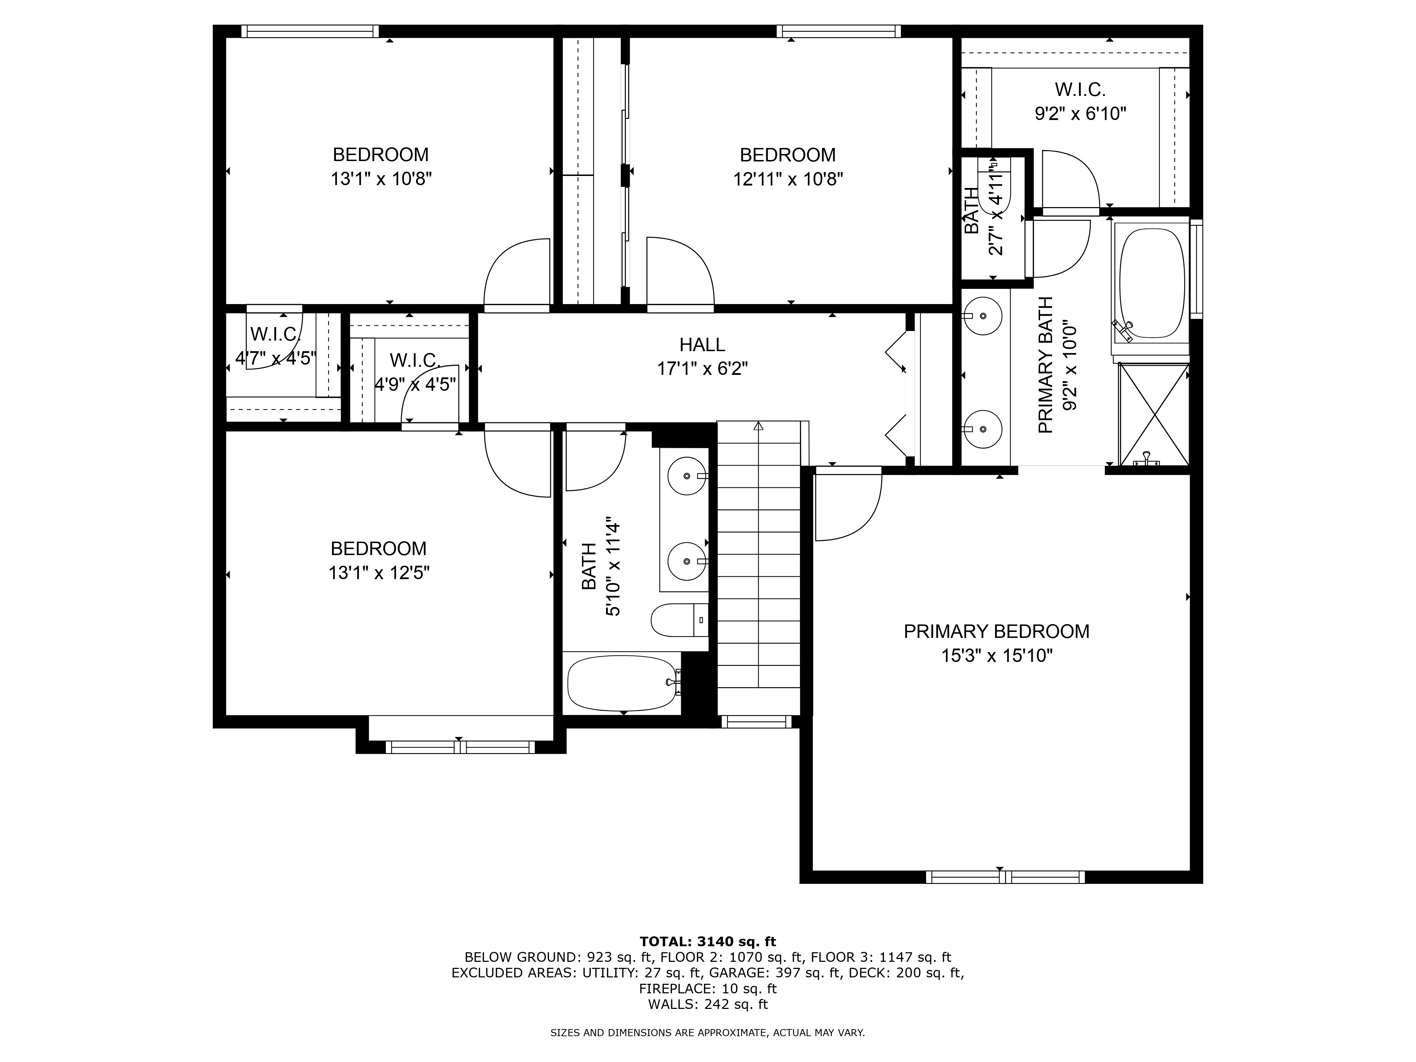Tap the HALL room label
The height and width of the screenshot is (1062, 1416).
click(702, 345)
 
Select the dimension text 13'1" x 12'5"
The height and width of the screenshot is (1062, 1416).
click(378, 573)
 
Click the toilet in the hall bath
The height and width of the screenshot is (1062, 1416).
click(679, 619)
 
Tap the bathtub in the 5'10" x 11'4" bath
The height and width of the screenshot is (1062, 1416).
click(621, 683)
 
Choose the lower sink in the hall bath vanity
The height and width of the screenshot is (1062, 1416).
click(687, 561)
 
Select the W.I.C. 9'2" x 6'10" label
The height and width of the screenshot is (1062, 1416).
click(1080, 101)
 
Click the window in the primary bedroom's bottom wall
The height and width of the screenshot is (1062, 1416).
click(1005, 877)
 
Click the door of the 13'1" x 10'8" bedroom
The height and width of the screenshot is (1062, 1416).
click(517, 275)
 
